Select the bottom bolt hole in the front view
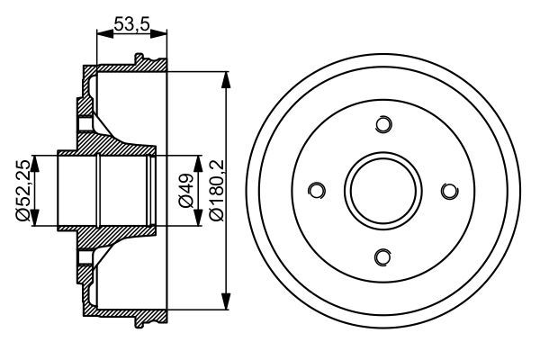383,257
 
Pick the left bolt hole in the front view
317,191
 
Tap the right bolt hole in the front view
450,191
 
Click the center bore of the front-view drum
383,191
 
